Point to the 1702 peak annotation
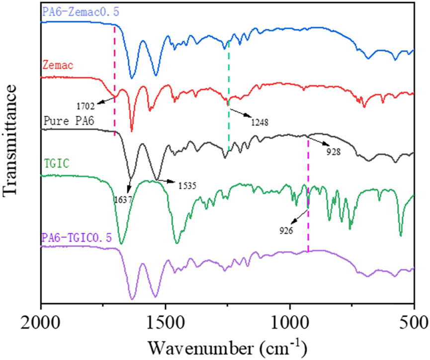coord(85,106)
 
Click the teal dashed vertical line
coord(229,99)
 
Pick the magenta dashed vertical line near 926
coord(308,199)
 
